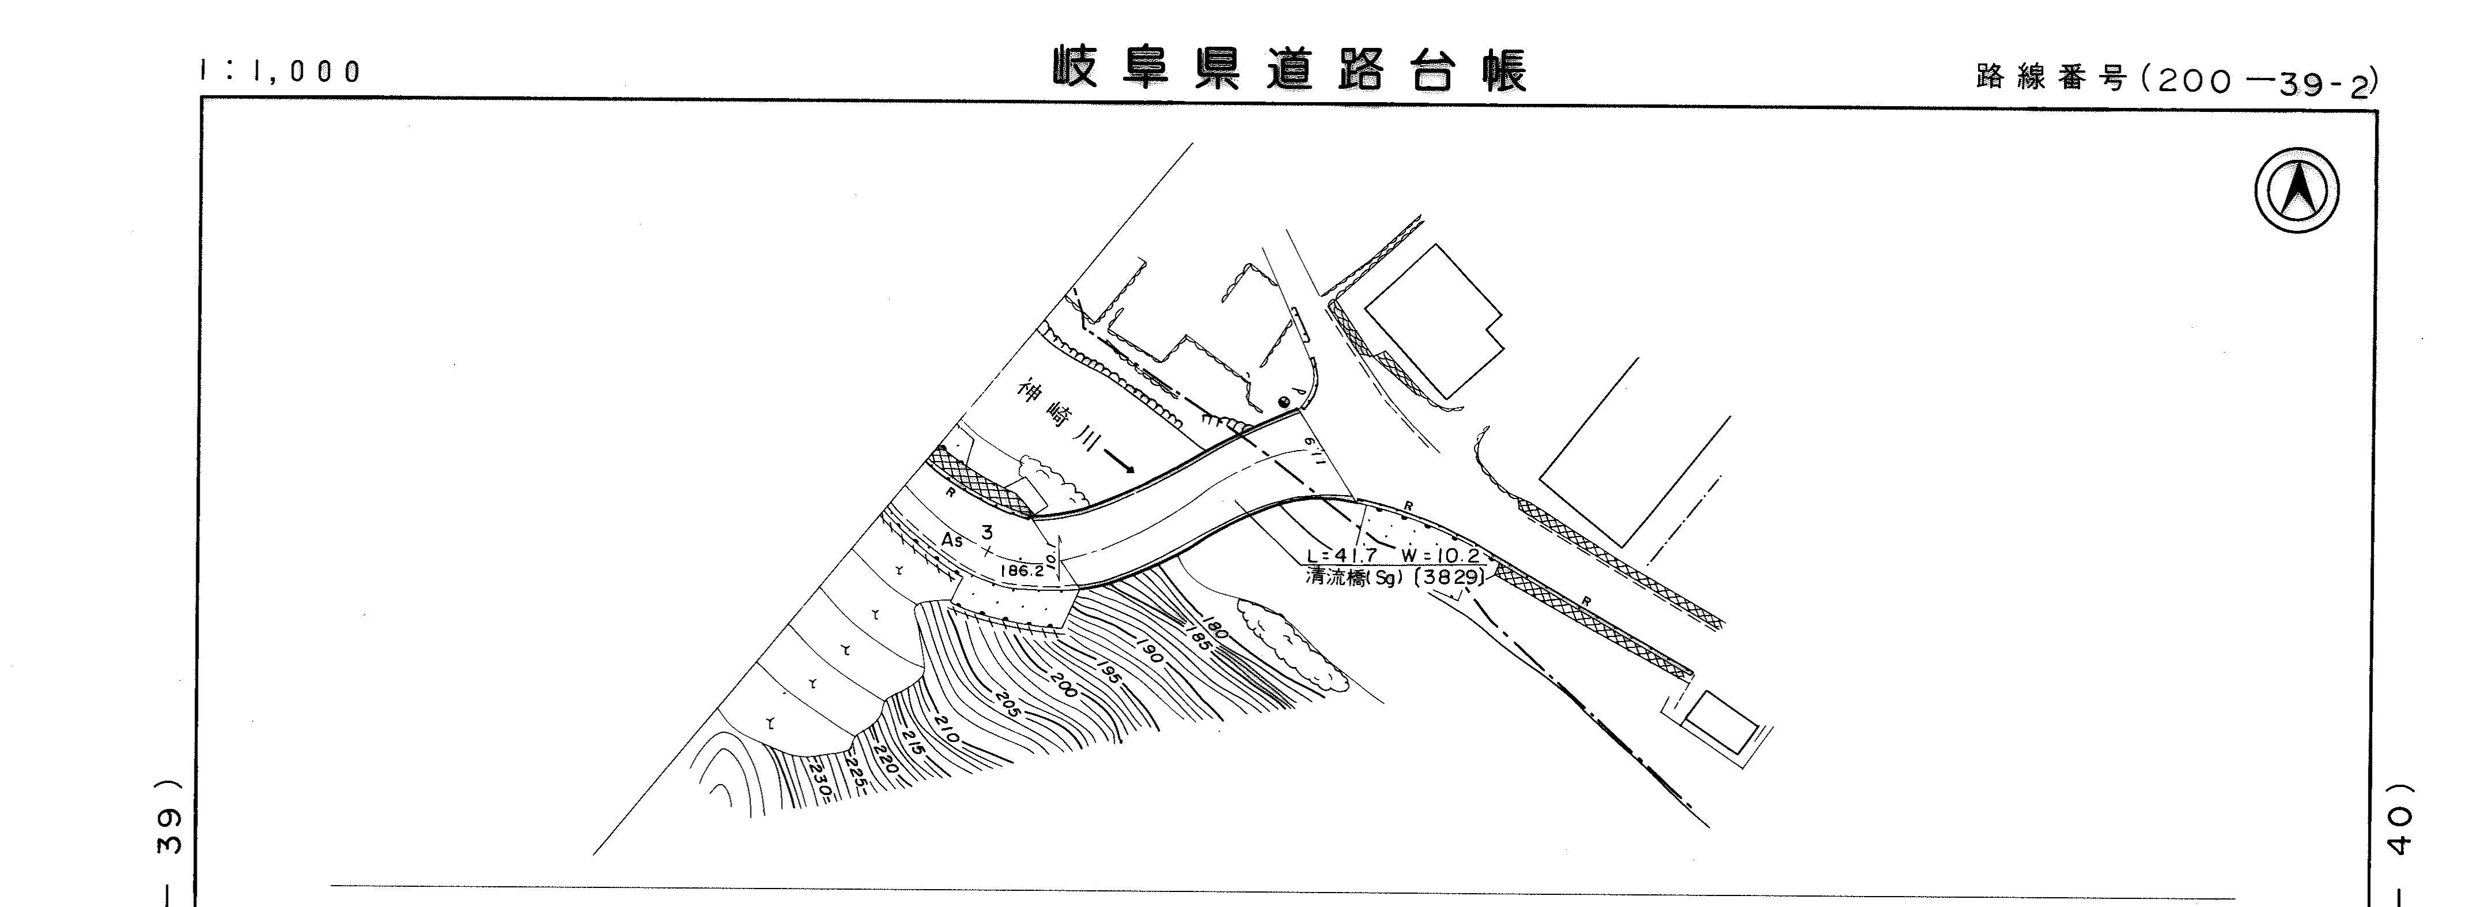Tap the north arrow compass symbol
2297,190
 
